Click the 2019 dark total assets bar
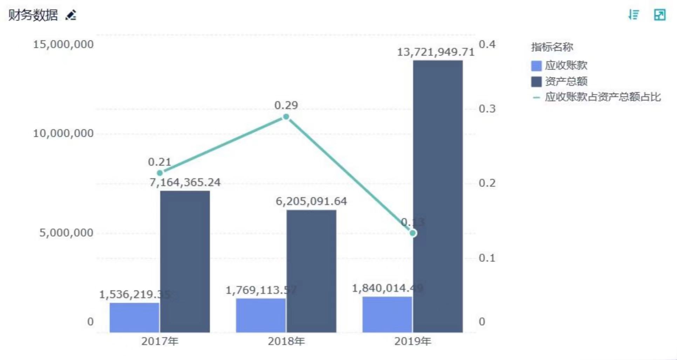click(x=438, y=196)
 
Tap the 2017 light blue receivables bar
click(x=134, y=317)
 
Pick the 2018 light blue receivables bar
click(x=261, y=315)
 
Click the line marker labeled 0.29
click(x=286, y=117)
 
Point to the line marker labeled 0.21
click(x=160, y=173)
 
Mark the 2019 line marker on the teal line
click(x=413, y=233)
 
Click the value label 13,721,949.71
click(x=436, y=52)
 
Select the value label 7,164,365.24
click(x=185, y=182)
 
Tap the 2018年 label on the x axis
click(x=286, y=341)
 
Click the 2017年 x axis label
click(x=160, y=341)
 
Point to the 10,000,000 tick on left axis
click(x=63, y=133)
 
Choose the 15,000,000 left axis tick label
click(x=63, y=44)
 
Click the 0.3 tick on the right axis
click(x=487, y=109)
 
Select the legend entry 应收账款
click(x=559, y=65)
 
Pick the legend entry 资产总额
click(x=559, y=82)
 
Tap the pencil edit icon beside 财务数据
click(x=71, y=15)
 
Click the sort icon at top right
click(x=634, y=15)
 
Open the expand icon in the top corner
click(x=659, y=15)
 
